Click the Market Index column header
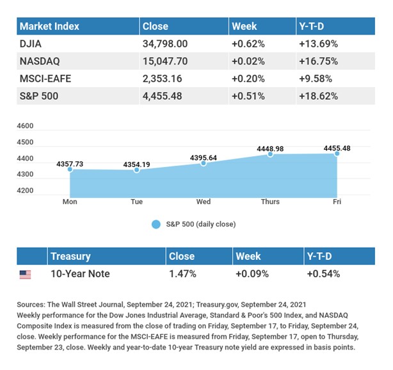click(49, 26)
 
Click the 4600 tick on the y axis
click(26, 126)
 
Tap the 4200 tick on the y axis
click(26, 190)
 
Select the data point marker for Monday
click(70, 170)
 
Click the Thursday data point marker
click(270, 154)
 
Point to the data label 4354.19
click(137, 164)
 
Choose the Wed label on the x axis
click(204, 202)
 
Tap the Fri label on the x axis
click(337, 202)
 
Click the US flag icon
click(25, 275)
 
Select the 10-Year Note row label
click(80, 274)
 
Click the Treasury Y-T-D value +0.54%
click(323, 274)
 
